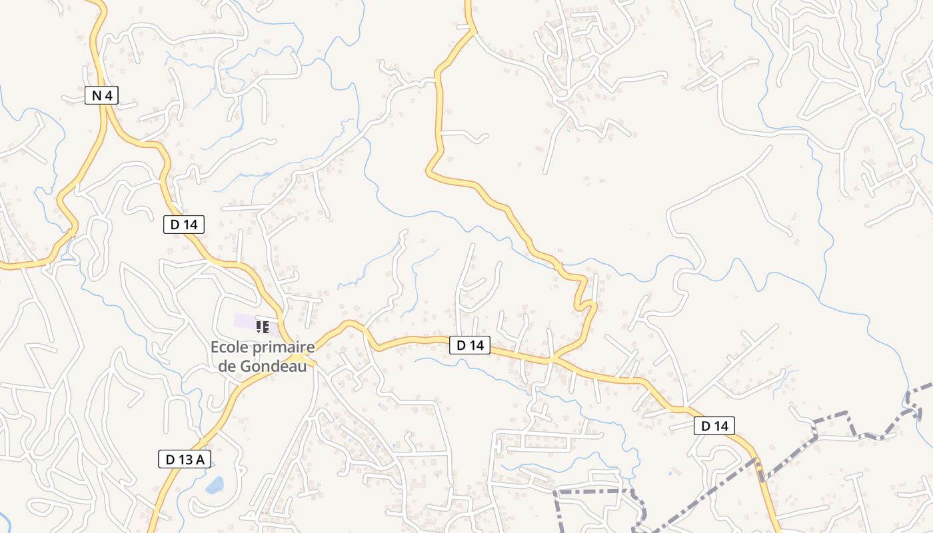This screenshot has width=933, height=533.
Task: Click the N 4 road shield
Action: (102, 95)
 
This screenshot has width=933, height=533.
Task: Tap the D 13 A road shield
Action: (185, 459)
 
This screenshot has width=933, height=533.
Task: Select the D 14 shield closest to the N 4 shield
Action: (183, 225)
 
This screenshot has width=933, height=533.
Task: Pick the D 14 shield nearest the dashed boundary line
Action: (714, 426)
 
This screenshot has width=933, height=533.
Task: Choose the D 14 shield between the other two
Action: (470, 345)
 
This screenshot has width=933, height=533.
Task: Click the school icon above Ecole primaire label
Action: (263, 326)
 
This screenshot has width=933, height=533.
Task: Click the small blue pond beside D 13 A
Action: (215, 485)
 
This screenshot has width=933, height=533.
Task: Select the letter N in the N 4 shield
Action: (97, 95)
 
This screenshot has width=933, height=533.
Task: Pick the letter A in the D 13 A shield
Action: (200, 459)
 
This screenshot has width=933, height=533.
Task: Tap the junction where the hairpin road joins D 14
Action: (553, 360)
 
